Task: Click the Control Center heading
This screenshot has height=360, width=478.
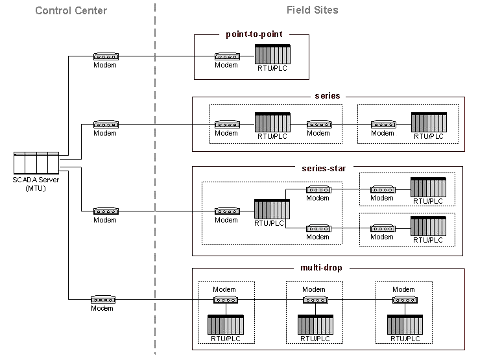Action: pos(71,10)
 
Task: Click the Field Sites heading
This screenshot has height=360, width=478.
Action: pos(312,10)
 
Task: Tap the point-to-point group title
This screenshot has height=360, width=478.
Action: pos(254,34)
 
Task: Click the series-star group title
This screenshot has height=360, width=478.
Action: pos(324,168)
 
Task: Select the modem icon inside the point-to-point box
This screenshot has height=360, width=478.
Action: pos(226,56)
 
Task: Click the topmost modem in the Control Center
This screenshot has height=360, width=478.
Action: pos(105,56)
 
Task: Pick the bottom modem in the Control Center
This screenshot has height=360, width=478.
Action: pos(102,300)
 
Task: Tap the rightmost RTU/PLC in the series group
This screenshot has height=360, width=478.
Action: pos(429,122)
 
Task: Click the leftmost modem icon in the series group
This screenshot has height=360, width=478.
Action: pos(226,124)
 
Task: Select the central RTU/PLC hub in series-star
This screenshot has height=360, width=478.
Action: pos(272,210)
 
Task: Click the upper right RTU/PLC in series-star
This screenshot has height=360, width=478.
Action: pos(428,187)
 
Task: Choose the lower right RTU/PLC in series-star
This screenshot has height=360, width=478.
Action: pos(428,226)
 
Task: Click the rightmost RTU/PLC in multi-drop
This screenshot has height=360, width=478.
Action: pos(405,324)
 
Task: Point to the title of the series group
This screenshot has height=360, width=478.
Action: pos(327,96)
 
